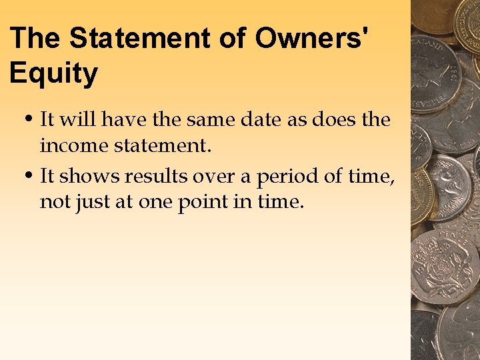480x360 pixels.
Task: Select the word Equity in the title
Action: click(x=53, y=73)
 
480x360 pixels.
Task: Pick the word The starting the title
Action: click(x=36, y=38)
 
